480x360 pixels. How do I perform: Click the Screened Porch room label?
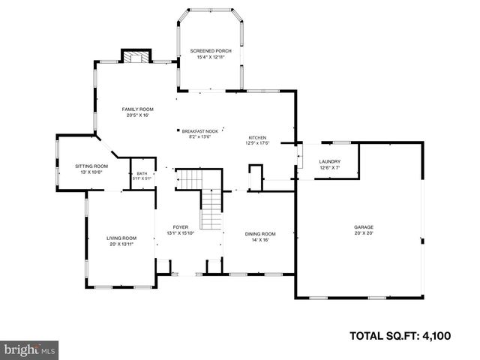(210, 51)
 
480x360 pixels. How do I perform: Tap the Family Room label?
(137, 109)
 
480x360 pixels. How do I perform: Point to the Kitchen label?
(258, 138)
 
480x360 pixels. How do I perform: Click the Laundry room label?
(330, 162)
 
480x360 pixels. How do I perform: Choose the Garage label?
(364, 227)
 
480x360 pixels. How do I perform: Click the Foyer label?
(181, 227)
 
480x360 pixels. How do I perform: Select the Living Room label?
(121, 238)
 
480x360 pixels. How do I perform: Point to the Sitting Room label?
(91, 166)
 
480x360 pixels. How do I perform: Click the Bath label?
(142, 173)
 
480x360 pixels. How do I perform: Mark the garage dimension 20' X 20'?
(364, 233)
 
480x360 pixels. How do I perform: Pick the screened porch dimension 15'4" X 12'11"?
(210, 57)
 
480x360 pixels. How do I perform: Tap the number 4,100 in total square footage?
(433, 335)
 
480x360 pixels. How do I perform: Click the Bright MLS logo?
(30, 349)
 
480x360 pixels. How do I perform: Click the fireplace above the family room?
(135, 58)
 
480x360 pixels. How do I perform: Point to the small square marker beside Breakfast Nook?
(178, 129)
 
